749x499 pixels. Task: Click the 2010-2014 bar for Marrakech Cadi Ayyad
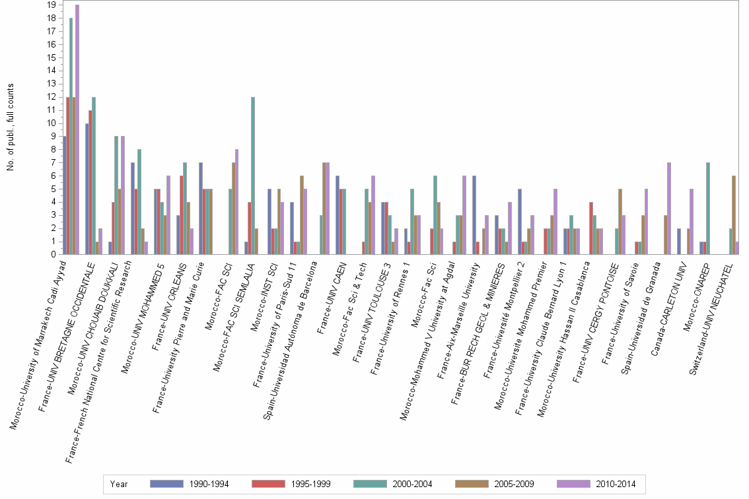tap(77, 129)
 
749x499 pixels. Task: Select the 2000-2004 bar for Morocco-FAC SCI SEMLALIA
tap(253, 176)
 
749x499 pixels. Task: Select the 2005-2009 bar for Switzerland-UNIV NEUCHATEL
tap(733, 215)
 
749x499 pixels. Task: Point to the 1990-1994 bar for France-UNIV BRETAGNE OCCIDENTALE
tap(87, 189)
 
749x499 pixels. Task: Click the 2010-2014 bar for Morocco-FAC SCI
tap(236, 202)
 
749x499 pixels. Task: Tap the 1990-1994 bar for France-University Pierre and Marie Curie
tap(201, 209)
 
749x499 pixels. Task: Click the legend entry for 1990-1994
tap(190, 484)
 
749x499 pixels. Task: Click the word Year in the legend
tap(120, 484)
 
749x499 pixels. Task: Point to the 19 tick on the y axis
tap(52, 5)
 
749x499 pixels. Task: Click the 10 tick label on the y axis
tap(52, 123)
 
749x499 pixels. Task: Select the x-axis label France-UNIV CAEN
tap(331, 290)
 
